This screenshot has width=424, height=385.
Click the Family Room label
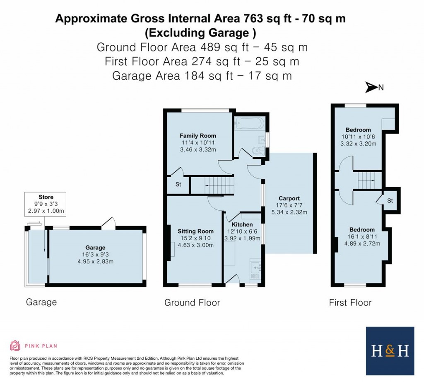[198, 136]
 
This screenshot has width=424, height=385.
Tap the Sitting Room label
[195, 231]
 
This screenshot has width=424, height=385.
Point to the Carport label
[289, 198]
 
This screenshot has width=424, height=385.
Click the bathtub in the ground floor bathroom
[248, 123]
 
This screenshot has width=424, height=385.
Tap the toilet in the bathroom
[258, 151]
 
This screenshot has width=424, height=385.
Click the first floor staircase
[369, 180]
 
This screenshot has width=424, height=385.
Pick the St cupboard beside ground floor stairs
[178, 185]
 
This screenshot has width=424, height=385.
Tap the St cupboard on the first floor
[390, 201]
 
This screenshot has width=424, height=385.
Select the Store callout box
[46, 204]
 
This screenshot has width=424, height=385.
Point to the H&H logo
[390, 351]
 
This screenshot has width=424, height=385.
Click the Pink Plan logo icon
[15, 345]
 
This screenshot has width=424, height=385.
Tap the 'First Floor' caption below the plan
[350, 302]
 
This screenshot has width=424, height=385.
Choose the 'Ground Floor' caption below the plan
[192, 302]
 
